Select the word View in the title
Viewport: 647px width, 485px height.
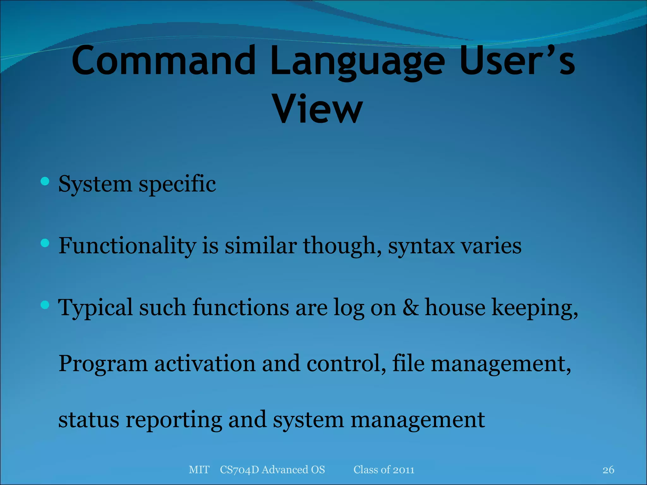point(317,109)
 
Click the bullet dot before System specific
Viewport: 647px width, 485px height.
point(45,181)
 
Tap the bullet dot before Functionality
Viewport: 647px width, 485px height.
point(45,243)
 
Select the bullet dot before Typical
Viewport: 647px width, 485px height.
point(45,305)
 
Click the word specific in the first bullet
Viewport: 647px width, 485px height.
point(177,184)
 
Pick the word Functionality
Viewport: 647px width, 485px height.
point(127,246)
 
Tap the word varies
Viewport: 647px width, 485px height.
point(491,246)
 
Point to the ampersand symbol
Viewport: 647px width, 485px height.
point(410,308)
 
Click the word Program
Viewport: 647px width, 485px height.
point(103,364)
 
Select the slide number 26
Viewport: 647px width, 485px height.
point(608,470)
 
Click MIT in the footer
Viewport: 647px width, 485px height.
point(199,470)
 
